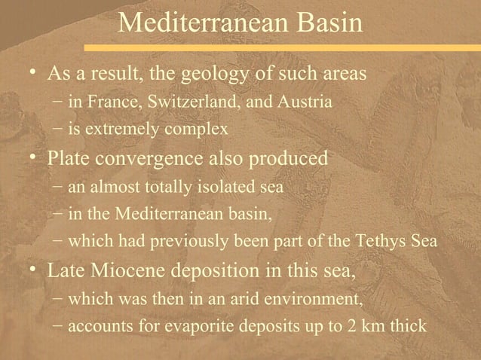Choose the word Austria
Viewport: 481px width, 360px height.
pos(302,102)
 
